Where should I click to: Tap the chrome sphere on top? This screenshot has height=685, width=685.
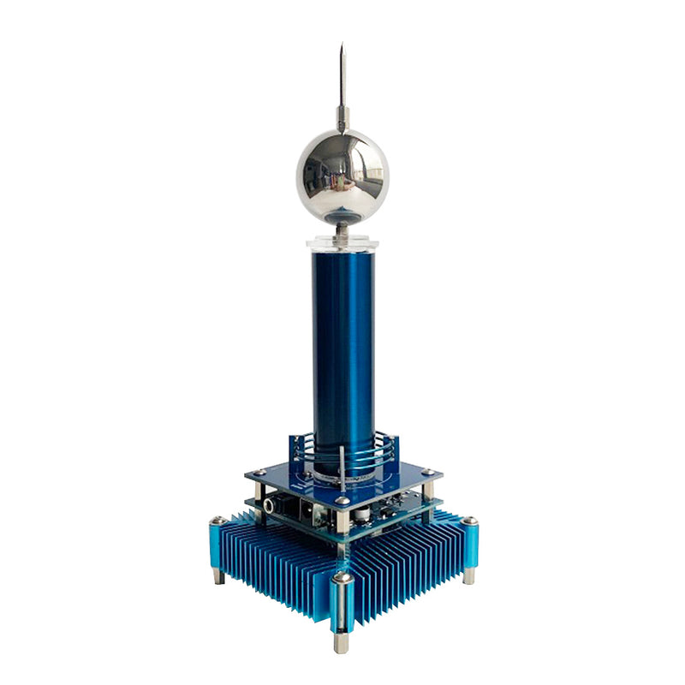click(342, 176)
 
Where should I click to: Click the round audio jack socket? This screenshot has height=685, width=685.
click(272, 505)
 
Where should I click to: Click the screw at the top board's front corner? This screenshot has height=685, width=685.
click(342, 501)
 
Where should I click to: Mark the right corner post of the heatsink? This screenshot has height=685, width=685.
click(468, 544)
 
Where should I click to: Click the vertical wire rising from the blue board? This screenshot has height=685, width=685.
click(342, 467)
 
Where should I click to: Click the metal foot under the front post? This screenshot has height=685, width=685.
click(342, 643)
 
